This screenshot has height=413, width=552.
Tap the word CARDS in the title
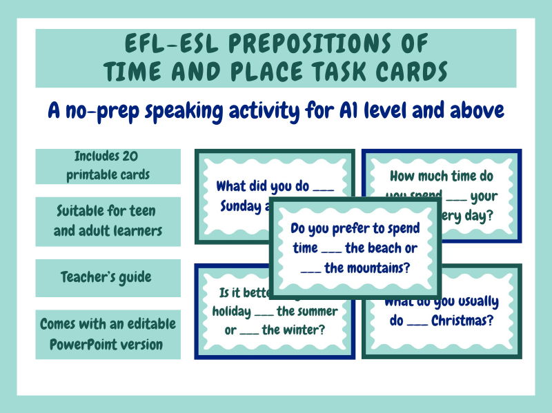click(406, 70)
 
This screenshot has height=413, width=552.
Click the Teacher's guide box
click(106, 277)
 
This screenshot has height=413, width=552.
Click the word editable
click(141, 323)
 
